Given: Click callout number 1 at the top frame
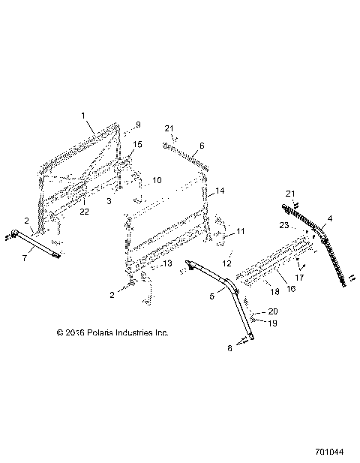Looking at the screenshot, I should (x=84, y=116).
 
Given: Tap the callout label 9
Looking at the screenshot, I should (x=138, y=124).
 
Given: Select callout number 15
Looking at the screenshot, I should (x=137, y=143).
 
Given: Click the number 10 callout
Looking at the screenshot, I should (x=157, y=180).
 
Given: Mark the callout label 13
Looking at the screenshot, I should (x=167, y=263).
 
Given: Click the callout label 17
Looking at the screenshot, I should (x=301, y=278).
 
